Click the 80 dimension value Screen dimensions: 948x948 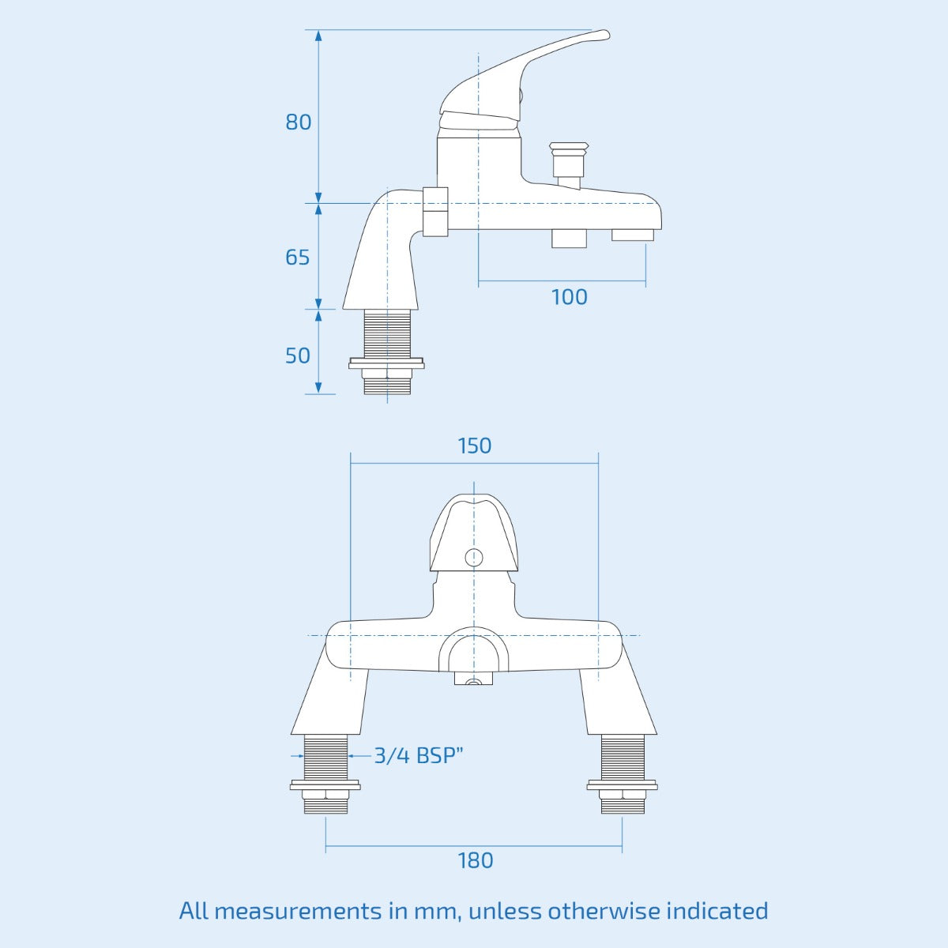[x=299, y=122]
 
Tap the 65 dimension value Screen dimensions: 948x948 [x=298, y=258]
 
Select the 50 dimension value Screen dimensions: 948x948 [x=298, y=355]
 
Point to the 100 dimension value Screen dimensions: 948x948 [x=569, y=297]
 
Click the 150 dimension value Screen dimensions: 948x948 [x=475, y=446]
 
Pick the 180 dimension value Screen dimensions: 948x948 [x=475, y=860]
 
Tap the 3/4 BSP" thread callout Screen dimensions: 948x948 [x=418, y=755]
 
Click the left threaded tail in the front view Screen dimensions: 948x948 [x=325, y=756]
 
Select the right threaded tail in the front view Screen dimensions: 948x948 [x=623, y=756]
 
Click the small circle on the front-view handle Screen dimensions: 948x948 [x=474, y=556]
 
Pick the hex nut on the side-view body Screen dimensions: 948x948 [x=435, y=212]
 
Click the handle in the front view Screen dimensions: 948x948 [x=474, y=531]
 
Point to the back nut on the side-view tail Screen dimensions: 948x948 [x=387, y=364]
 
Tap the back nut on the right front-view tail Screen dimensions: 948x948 [x=623, y=786]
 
